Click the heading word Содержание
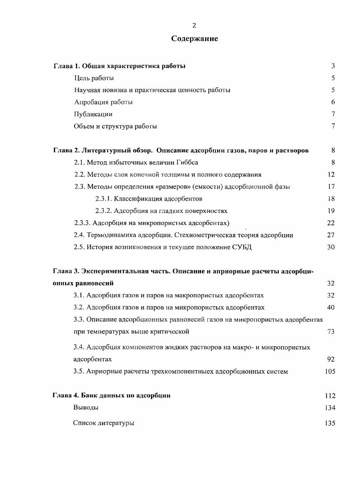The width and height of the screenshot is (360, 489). pos(194,39)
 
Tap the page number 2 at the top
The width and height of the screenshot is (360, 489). pos(194,25)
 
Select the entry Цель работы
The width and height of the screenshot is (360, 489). pos(94,78)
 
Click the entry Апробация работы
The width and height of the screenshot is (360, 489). pos(103,102)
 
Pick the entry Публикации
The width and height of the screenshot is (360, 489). pos(93,114)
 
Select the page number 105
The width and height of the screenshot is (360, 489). pos(330,371)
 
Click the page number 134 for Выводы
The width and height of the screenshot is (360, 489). pos(330,408)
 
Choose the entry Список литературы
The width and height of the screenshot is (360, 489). pos(104,423)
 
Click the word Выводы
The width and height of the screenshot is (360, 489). pos(86,408)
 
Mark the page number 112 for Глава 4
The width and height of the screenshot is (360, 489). pos(330,396)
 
